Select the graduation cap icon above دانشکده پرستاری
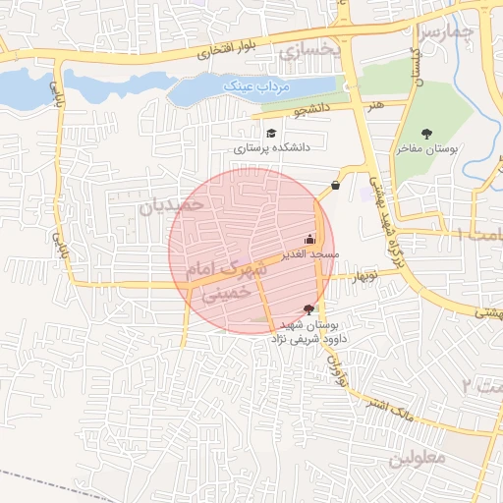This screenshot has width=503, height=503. click(x=270, y=132)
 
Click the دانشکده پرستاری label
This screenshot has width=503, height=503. click(x=271, y=147)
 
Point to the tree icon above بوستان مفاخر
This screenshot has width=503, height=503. click(x=426, y=134)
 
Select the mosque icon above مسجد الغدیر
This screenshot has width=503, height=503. click(x=310, y=239)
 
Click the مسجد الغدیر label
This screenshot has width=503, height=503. click(x=309, y=254)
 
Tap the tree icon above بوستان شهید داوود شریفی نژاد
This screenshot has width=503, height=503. click(x=309, y=308)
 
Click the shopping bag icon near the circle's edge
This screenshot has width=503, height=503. click(x=336, y=185)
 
